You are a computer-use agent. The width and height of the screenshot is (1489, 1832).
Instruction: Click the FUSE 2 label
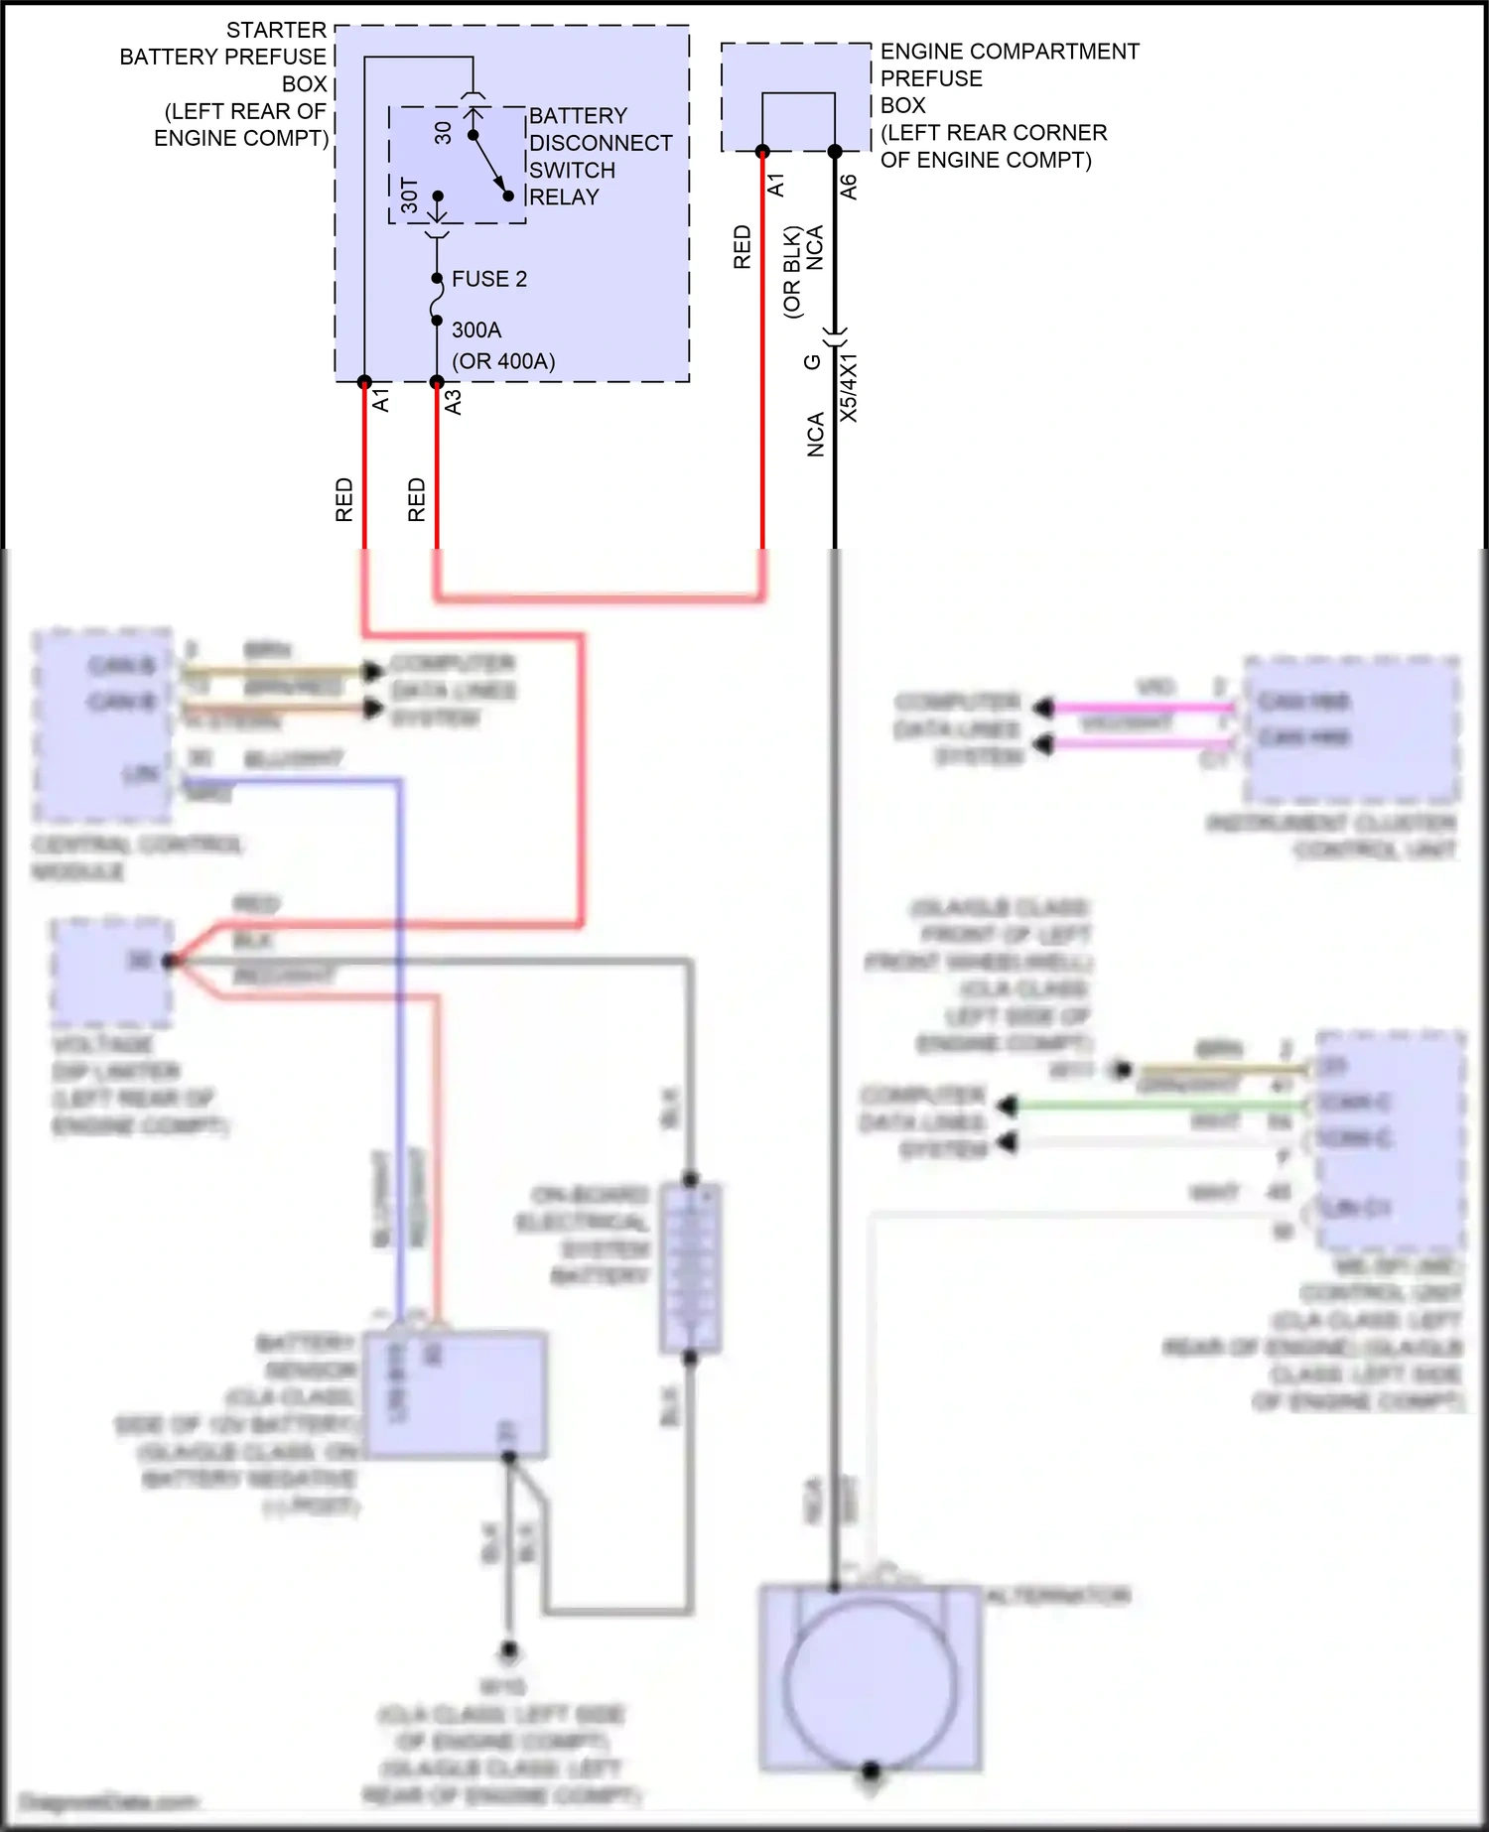pos(488,279)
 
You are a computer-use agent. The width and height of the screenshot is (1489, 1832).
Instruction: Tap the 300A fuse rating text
pos(476,329)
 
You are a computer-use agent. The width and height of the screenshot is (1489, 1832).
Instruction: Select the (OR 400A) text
pos(503,361)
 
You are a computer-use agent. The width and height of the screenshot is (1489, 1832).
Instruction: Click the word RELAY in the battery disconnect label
pos(564,196)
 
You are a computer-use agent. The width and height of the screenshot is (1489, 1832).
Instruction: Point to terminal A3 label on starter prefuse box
pos(453,402)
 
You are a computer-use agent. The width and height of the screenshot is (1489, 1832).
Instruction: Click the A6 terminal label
pos(849,187)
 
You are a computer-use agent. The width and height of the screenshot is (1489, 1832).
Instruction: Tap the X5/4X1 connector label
pos(850,388)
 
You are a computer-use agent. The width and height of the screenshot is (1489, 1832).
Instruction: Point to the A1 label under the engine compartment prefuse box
pos(776,185)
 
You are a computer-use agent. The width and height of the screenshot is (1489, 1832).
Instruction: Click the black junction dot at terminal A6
pos(835,152)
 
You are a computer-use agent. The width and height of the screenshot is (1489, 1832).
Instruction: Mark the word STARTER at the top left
pos(276,30)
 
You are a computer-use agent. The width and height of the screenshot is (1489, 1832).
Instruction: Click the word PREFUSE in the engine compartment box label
pos(931,78)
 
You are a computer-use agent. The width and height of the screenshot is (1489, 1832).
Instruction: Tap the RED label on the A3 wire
pos(417,499)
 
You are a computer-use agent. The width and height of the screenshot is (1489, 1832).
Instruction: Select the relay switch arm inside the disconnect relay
pos(490,165)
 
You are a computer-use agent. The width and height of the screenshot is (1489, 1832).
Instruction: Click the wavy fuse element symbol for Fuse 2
pos(437,300)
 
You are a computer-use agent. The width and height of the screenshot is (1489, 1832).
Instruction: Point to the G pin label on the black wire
pos(812,362)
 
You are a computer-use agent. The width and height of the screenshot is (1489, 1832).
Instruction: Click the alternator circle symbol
pos(870,1685)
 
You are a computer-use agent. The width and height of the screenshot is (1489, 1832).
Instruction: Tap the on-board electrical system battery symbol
pos(690,1268)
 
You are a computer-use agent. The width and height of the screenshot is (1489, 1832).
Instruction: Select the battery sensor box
pos(456,1394)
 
